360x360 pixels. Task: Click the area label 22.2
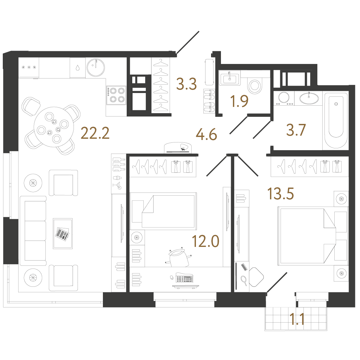[x=95, y=133]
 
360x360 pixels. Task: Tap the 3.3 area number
[x=186, y=84]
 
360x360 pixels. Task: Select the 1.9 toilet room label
[x=239, y=101]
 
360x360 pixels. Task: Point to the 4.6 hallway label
[x=206, y=134]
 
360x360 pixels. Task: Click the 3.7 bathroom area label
[x=296, y=130]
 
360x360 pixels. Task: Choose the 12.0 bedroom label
[x=205, y=241]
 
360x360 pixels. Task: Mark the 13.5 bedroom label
[x=281, y=193]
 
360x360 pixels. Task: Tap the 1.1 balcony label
[x=297, y=319]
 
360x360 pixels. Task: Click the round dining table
[x=54, y=127]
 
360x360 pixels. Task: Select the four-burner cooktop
[x=116, y=95]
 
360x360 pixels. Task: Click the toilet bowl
[x=255, y=86]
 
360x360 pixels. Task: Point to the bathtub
[x=336, y=120]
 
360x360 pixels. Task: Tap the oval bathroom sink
[x=309, y=99]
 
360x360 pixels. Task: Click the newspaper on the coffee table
[x=62, y=234]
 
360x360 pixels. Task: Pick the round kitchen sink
[x=96, y=67]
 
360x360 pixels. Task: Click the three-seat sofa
[x=33, y=231]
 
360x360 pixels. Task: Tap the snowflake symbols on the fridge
[x=29, y=67]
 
